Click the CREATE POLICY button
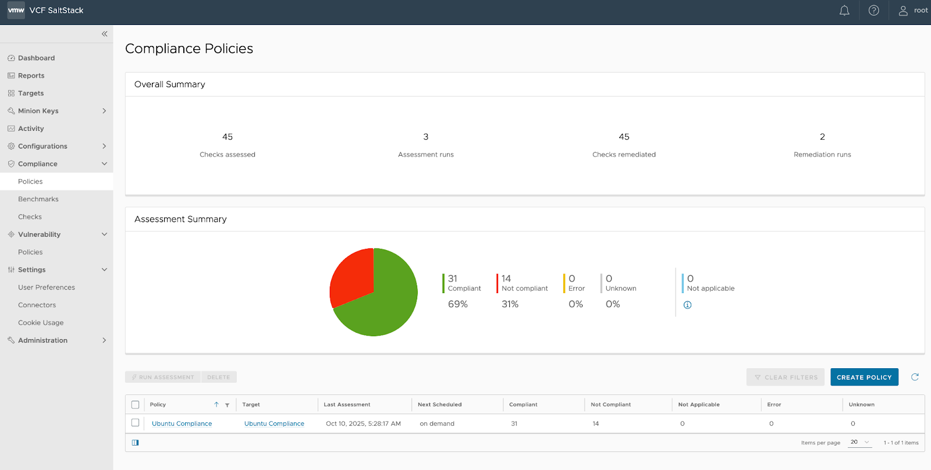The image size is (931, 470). (x=864, y=377)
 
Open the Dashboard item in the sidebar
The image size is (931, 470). (x=36, y=58)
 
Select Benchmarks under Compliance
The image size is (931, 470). (x=38, y=199)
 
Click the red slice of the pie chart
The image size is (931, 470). (x=353, y=276)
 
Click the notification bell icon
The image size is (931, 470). (x=844, y=10)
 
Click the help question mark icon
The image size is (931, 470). (x=873, y=10)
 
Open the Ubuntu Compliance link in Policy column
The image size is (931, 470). (x=182, y=423)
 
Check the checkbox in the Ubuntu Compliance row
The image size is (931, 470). (x=136, y=423)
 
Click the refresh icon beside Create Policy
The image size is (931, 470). (x=915, y=377)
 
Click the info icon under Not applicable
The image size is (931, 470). (x=687, y=305)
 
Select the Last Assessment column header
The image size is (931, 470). (x=347, y=405)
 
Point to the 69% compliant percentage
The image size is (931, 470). (x=458, y=304)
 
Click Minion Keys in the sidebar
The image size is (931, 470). (x=38, y=111)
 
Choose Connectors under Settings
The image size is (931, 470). (x=37, y=305)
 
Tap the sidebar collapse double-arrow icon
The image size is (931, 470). (x=104, y=34)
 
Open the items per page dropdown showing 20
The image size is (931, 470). (x=859, y=442)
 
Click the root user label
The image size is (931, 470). (x=920, y=10)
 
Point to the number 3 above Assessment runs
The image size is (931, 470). (x=426, y=137)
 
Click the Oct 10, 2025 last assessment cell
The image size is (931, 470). (x=363, y=423)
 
